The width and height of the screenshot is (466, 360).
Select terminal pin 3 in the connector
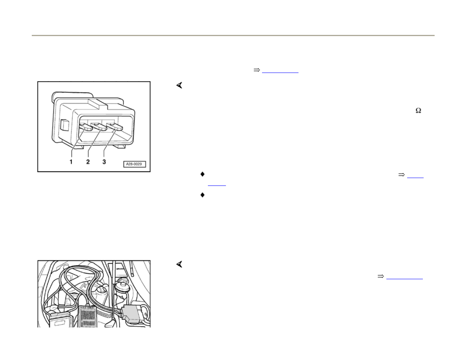[116, 127]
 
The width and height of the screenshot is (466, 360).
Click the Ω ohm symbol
[418, 111]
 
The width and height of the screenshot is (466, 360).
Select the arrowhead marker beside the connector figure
[179, 85]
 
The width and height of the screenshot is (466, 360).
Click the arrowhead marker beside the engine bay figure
[179, 265]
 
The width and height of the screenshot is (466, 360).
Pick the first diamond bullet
[202, 174]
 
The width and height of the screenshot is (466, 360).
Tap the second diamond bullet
[202, 195]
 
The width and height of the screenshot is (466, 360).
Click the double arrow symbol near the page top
[257, 70]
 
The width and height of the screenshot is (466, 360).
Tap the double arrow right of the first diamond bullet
[401, 175]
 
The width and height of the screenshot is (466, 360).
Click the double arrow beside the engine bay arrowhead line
[380, 276]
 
